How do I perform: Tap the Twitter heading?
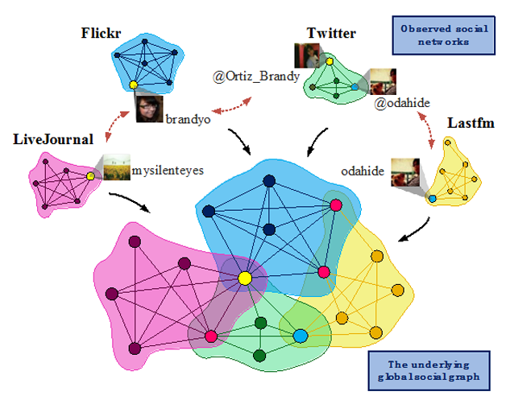click(x=330, y=33)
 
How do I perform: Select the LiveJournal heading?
click(x=54, y=139)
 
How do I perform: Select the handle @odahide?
click(x=397, y=103)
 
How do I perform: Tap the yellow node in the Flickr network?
click(x=134, y=84)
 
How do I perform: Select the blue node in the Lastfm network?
click(x=433, y=198)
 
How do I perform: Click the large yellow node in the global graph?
click(x=245, y=278)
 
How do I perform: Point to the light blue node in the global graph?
click(x=300, y=334)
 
